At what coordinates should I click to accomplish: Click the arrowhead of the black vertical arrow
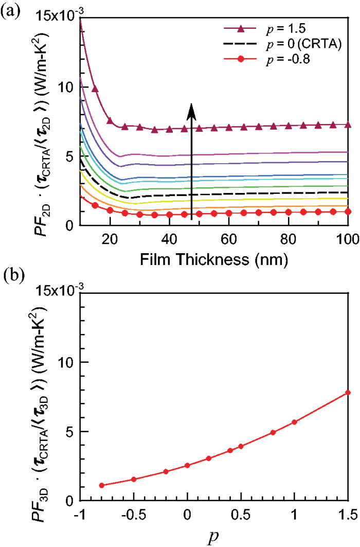(x=191, y=110)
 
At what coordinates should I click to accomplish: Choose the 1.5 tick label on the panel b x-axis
(x=348, y=514)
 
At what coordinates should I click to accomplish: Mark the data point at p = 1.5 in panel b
(x=348, y=393)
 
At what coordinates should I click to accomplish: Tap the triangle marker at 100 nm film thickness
(x=348, y=125)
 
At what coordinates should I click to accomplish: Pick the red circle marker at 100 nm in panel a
(x=348, y=211)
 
